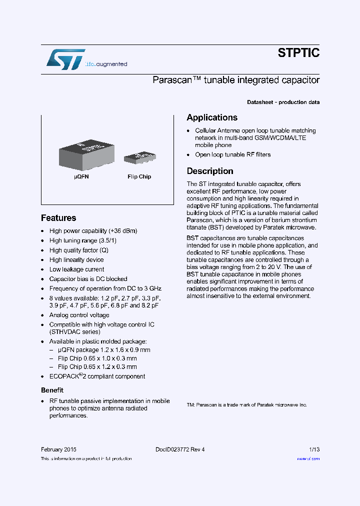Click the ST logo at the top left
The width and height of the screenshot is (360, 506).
tap(65, 59)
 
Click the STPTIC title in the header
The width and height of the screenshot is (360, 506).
tap(298, 53)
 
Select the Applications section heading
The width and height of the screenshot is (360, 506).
tap(212, 117)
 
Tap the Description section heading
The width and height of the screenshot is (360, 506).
tap(210, 171)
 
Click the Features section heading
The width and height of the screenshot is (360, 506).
tap(58, 218)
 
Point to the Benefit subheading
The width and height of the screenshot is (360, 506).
tap(52, 390)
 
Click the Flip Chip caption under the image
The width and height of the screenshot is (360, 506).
tap(139, 176)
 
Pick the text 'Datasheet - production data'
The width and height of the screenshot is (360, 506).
tap(283, 102)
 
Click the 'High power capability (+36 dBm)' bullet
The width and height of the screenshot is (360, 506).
tap(93, 231)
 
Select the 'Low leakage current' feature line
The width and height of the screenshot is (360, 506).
tap(76, 269)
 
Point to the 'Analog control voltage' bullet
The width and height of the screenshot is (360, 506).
tap(79, 315)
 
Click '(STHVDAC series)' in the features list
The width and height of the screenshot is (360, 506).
tap(74, 331)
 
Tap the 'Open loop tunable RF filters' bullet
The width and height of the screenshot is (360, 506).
tap(232, 154)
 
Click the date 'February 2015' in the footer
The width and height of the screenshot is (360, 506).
tap(58, 449)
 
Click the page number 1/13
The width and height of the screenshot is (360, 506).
tap(314, 449)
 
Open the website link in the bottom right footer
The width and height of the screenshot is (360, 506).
tap(308, 458)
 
